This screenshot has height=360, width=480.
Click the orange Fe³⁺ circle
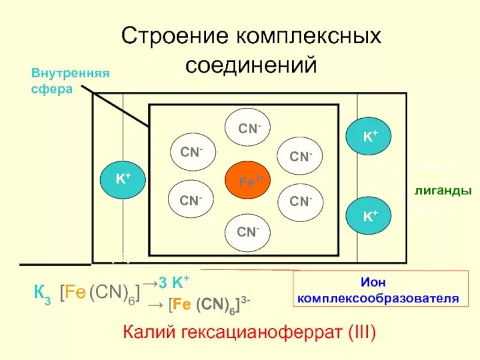pyautogui.click(x=246, y=179)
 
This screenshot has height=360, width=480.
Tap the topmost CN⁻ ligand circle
pyautogui.click(x=247, y=128)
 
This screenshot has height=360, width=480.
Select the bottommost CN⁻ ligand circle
pyautogui.click(x=247, y=231)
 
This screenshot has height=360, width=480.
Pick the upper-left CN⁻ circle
pyautogui.click(x=192, y=153)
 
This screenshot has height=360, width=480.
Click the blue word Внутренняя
pyautogui.click(x=70, y=74)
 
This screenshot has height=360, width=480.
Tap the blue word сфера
pyautogui.click(x=52, y=89)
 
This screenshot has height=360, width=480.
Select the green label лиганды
pyautogui.click(x=443, y=190)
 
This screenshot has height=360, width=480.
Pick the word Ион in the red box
pyautogui.click(x=380, y=281)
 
